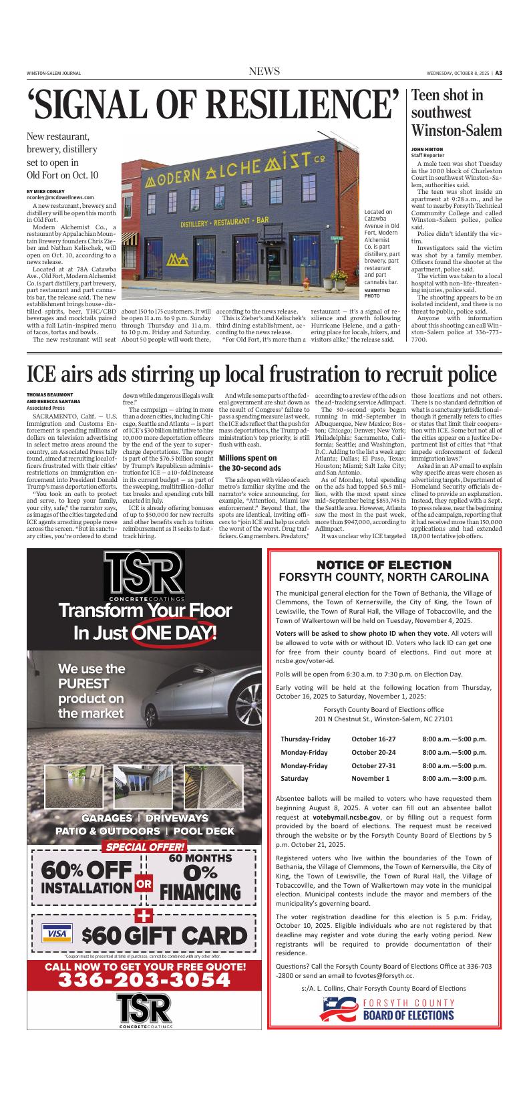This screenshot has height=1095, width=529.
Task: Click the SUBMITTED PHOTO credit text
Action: tap(377, 292)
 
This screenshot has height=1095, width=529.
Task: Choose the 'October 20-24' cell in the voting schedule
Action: tap(373, 753)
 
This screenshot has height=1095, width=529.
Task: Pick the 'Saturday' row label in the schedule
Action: tap(295, 778)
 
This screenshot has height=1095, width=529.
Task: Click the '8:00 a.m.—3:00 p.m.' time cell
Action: tap(454, 778)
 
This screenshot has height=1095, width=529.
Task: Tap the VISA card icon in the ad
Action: tap(57, 933)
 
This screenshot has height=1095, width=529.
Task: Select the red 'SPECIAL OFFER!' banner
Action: tap(144, 848)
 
